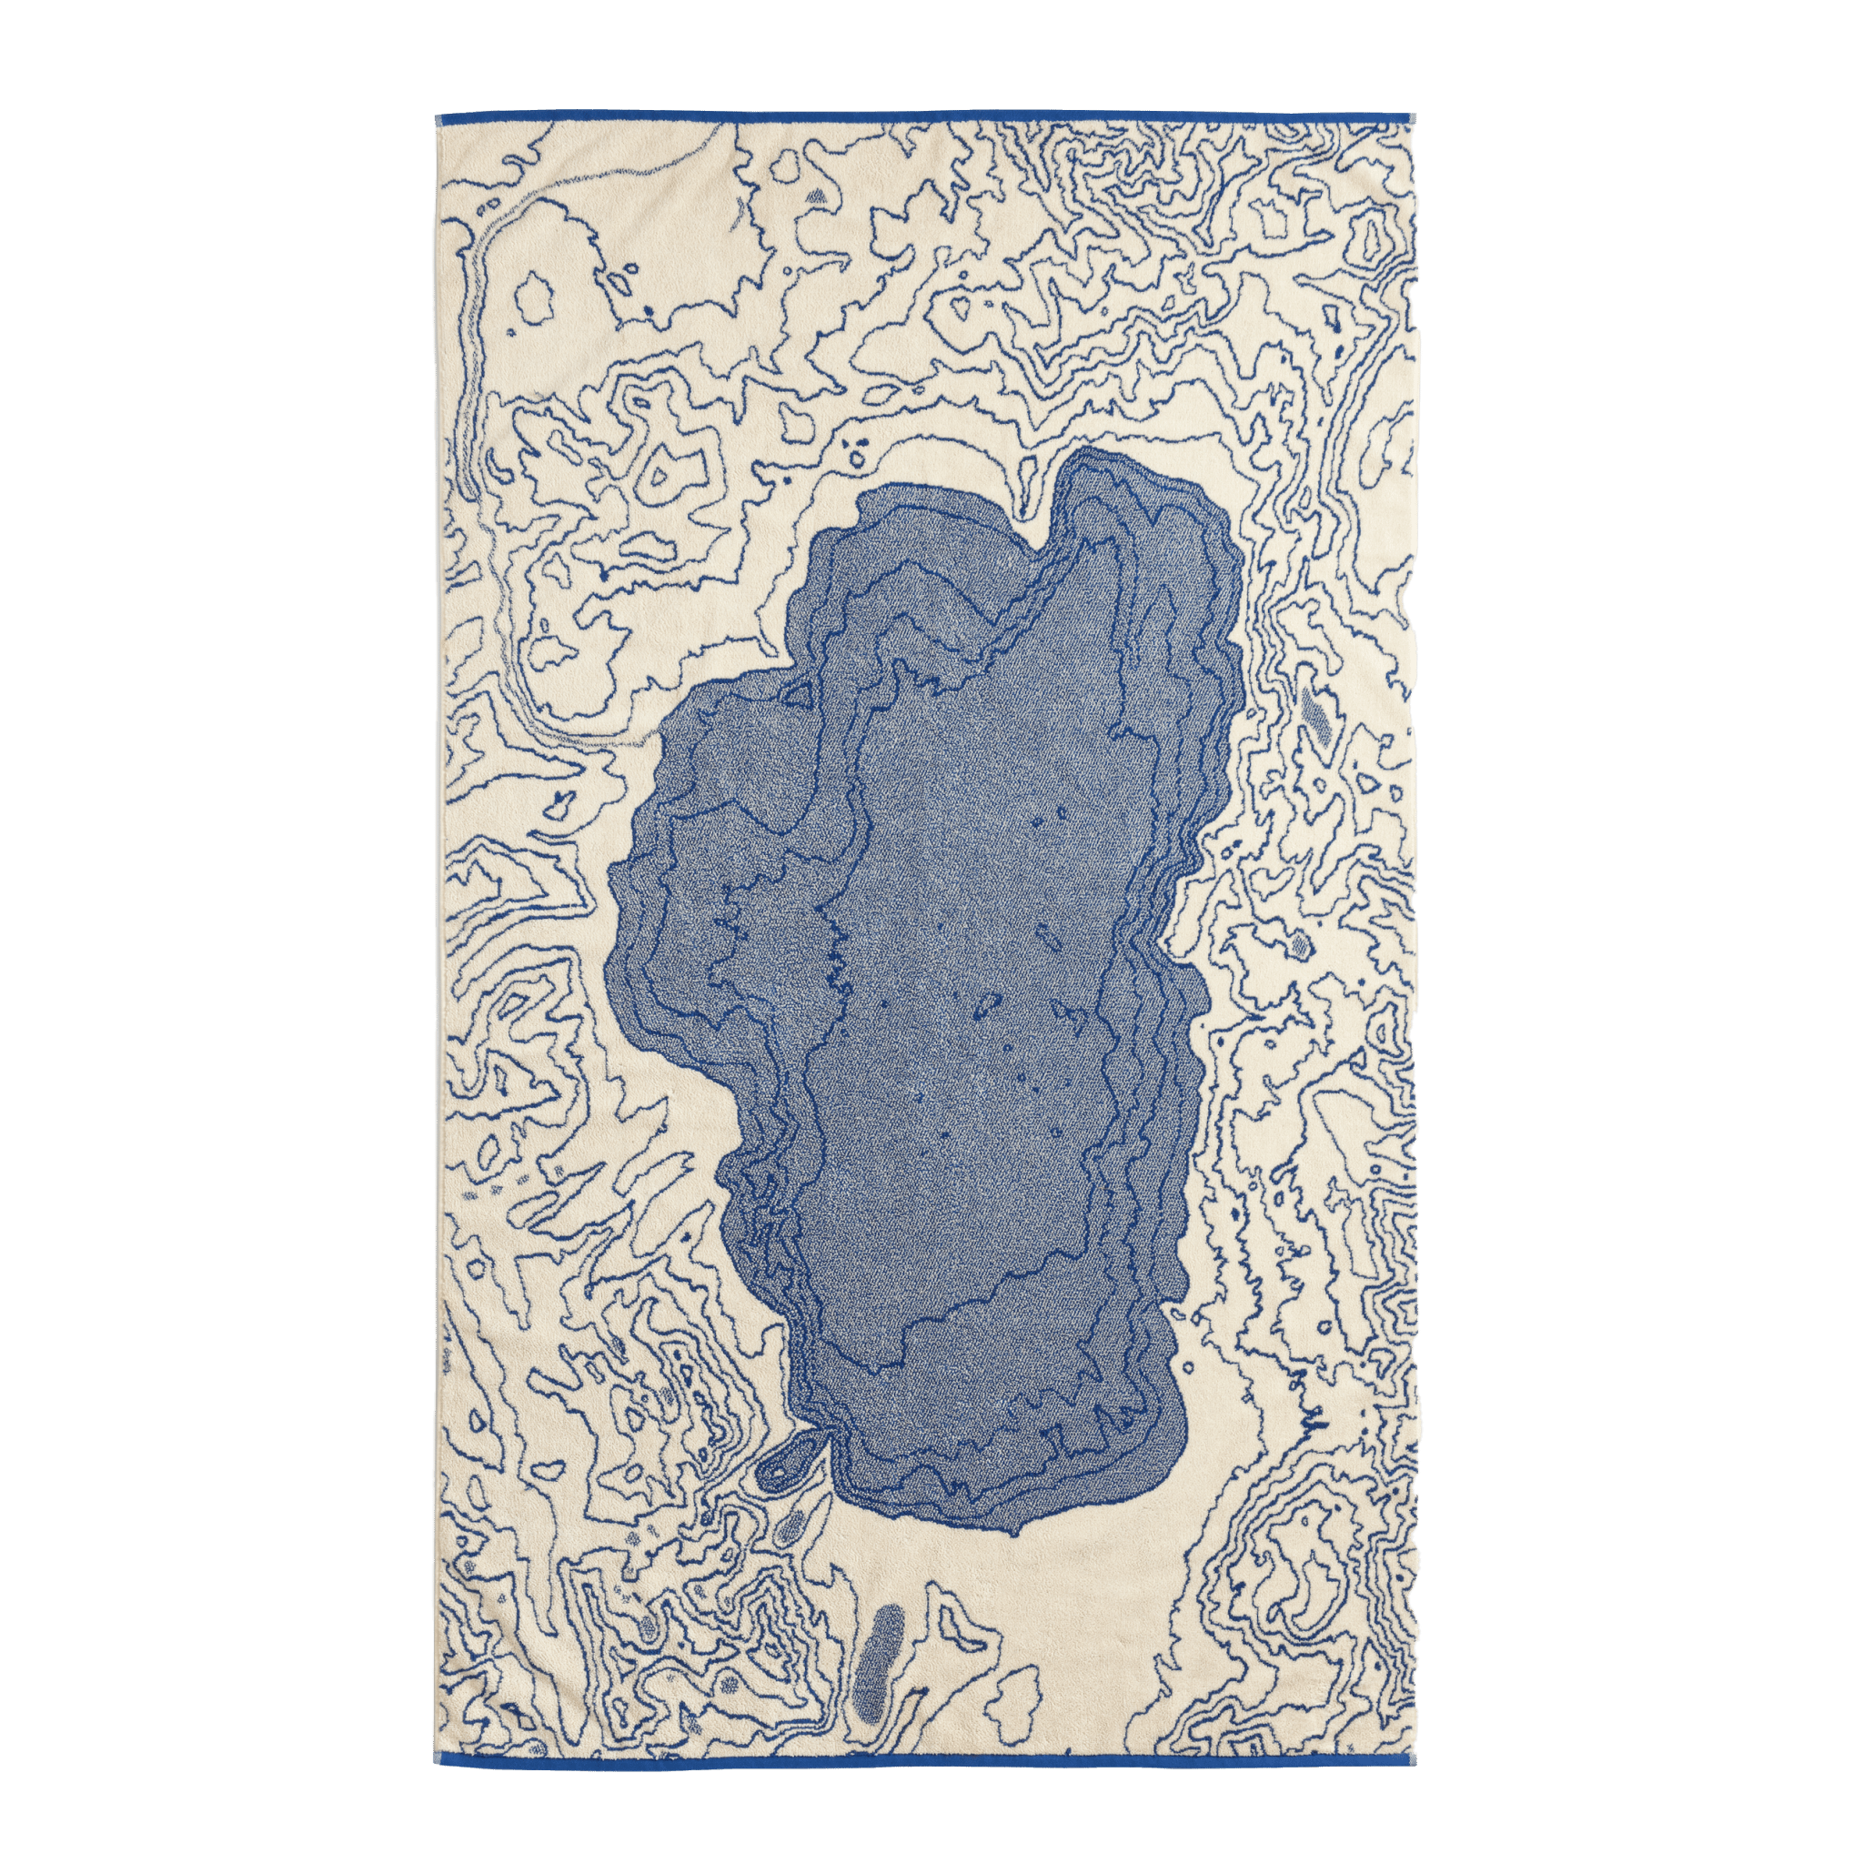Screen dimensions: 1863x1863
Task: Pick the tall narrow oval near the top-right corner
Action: [x=1371, y=231]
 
